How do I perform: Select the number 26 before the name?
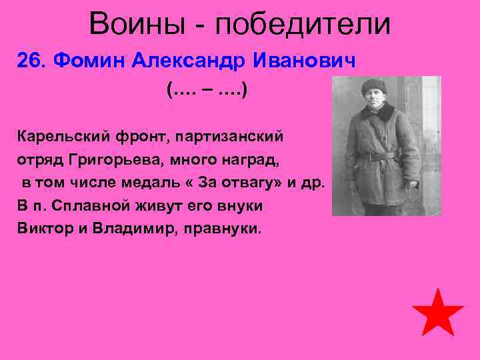coord(30,61)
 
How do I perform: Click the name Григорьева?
coord(114,160)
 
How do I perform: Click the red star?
coord(437,313)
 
